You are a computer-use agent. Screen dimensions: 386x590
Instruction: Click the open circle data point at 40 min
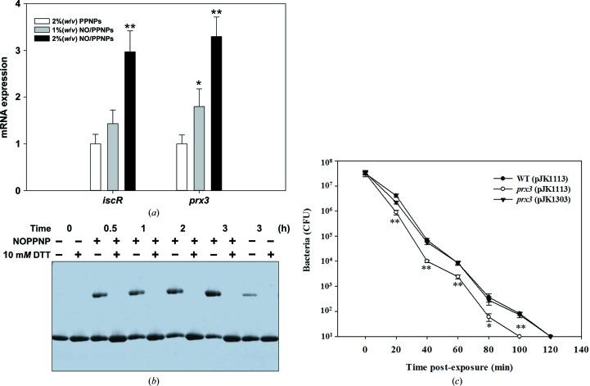tap(427, 261)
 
